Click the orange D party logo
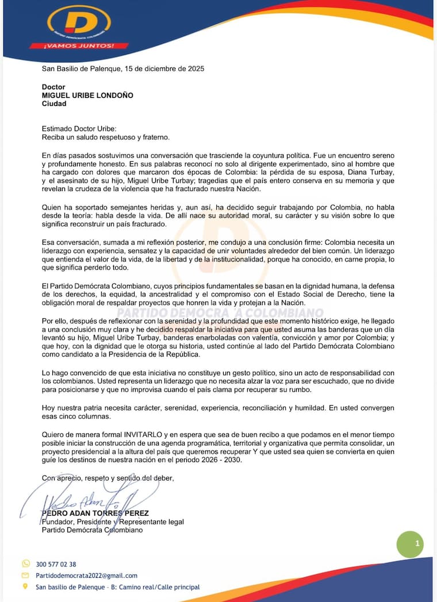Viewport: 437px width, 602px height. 79,22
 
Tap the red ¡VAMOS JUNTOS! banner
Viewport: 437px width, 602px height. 78,45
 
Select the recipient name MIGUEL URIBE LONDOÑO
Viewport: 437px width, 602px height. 87,96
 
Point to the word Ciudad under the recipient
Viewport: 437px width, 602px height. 54,104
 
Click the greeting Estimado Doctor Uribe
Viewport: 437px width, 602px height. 79,130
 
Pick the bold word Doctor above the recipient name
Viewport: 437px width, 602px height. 53,87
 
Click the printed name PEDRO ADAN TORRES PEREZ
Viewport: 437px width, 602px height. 95,513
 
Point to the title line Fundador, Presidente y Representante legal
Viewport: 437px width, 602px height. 113,522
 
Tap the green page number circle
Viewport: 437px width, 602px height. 410,543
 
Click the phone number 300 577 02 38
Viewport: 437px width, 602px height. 56,565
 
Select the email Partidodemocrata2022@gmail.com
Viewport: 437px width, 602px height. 86,576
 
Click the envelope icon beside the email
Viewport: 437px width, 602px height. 25,576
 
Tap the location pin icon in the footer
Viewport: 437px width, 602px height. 25,586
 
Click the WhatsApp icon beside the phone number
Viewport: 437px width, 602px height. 25,564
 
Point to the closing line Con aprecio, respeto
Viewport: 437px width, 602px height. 108,478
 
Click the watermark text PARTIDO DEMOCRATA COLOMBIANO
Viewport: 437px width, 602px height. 220,313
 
